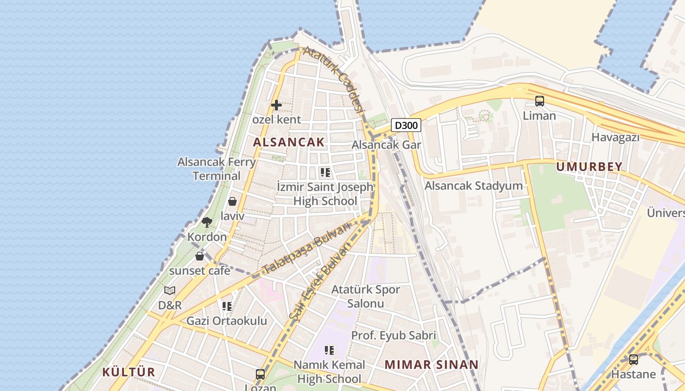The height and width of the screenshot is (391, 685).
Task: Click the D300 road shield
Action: pyautogui.click(x=406, y=126)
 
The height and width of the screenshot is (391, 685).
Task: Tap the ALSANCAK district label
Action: pyautogui.click(x=289, y=142)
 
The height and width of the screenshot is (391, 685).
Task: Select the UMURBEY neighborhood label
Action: pyautogui.click(x=589, y=167)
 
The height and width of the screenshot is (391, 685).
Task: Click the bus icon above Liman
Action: pyautogui.click(x=540, y=101)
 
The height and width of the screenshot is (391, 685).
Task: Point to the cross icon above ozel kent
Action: pyautogui.click(x=276, y=105)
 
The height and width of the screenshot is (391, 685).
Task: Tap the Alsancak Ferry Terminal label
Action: pyautogui.click(x=216, y=169)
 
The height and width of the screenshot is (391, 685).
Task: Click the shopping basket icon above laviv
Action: pyautogui.click(x=232, y=201)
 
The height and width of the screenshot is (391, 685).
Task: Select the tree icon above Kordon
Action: pyautogui.click(x=207, y=222)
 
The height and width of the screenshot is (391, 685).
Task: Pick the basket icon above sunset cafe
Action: pyautogui.click(x=200, y=256)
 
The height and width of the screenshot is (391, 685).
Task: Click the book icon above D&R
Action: pyautogui.click(x=170, y=290)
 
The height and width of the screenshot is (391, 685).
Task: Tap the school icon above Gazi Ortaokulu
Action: pyautogui.click(x=227, y=306)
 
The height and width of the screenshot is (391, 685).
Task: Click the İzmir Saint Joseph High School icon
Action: pyautogui.click(x=325, y=173)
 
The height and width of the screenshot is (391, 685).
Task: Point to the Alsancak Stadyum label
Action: pyautogui.click(x=473, y=186)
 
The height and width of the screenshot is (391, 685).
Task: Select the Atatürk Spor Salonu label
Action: pyautogui.click(x=365, y=296)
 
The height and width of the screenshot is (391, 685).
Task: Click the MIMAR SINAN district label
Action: pyautogui.click(x=431, y=365)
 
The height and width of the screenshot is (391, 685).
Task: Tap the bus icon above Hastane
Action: pyautogui.click(x=634, y=360)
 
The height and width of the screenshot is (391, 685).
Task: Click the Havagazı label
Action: pyautogui.click(x=616, y=138)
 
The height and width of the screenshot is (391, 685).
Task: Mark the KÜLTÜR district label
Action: pyautogui.click(x=128, y=372)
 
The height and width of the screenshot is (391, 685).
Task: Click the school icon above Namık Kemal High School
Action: pyautogui.click(x=329, y=350)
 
